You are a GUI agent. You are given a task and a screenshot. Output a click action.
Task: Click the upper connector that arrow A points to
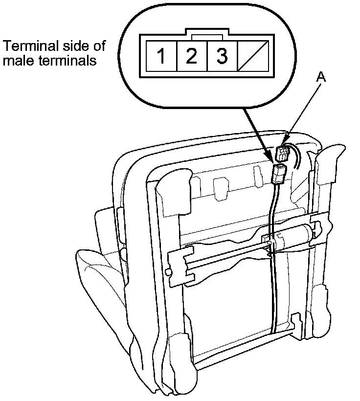[283, 154]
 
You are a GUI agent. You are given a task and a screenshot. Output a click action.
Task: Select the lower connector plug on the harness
[278, 174]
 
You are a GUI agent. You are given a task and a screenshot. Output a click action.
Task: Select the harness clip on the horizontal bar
[269, 242]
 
